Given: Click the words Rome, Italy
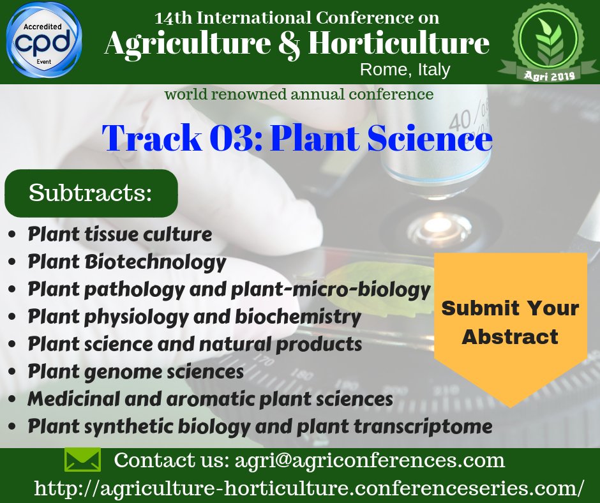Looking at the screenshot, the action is click(x=405, y=70).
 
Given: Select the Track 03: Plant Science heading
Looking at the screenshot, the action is click(x=297, y=138).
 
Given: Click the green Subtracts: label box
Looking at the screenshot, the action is click(x=91, y=193).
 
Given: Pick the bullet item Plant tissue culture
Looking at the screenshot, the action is click(x=120, y=234).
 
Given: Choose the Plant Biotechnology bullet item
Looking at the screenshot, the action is click(x=126, y=262).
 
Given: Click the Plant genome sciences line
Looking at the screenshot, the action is click(x=136, y=372).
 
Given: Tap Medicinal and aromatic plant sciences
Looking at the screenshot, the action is click(x=210, y=398).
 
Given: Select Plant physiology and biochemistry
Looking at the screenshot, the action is click(x=195, y=317).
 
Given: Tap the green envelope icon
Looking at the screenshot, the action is click(x=82, y=460).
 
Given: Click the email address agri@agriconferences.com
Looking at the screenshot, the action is click(x=370, y=460).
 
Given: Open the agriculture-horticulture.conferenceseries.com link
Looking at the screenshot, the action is click(x=309, y=488).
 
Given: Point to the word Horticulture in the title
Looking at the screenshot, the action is click(x=399, y=43).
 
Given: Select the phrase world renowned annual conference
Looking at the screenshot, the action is click(x=299, y=94).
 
